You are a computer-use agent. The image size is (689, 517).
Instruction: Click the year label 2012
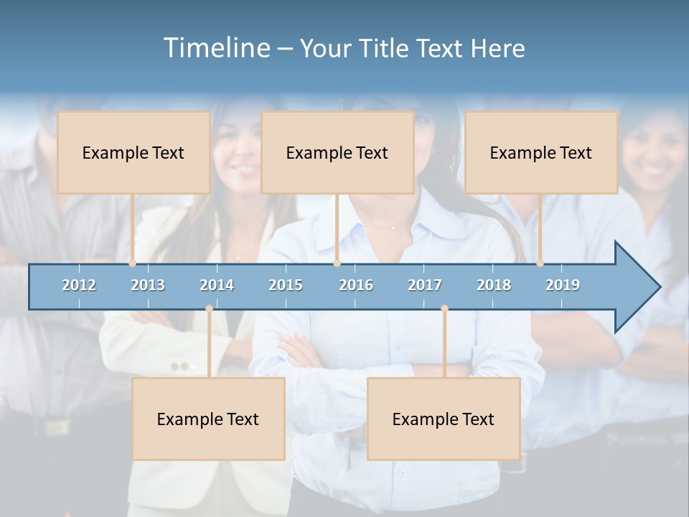79,285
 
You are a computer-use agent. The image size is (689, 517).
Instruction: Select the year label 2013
148,285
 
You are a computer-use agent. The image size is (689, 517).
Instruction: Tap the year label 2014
217,285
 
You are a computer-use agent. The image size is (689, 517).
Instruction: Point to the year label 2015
286,285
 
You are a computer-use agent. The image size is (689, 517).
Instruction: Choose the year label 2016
356,285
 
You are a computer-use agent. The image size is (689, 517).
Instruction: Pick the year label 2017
425,285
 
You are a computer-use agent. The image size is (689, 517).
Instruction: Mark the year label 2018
494,285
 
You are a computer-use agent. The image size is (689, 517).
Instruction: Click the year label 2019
563,285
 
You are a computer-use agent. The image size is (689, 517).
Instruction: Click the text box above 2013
133,152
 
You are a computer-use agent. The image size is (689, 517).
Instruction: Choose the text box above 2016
337,152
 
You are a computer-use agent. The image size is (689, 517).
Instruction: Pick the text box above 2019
541,152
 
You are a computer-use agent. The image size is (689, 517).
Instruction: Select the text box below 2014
208,419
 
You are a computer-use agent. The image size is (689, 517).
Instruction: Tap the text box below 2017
444,419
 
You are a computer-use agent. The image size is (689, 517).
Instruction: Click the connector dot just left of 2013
133,263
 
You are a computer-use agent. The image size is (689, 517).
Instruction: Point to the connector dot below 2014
209,309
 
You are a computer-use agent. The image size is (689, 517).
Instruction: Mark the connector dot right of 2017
444,309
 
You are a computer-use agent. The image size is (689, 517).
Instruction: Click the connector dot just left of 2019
540,263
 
